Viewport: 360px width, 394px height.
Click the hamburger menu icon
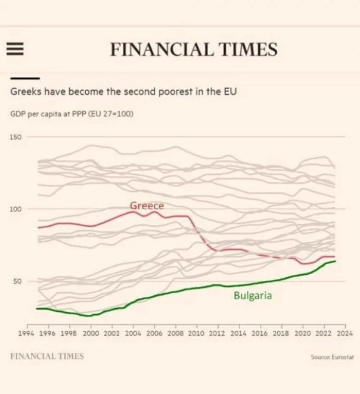coord(14,49)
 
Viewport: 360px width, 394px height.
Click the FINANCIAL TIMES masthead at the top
coord(194,49)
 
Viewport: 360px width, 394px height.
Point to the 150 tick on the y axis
coord(15,138)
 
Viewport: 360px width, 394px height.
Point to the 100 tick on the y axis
coord(15,209)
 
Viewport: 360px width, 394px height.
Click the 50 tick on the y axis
coord(17,281)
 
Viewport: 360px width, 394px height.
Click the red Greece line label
coord(147,206)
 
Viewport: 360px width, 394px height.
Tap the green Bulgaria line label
coord(253,294)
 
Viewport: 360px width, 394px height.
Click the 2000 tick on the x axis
coord(91,334)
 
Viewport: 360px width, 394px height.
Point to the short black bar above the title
coord(24,78)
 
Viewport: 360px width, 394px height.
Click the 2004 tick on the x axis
coord(133,334)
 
